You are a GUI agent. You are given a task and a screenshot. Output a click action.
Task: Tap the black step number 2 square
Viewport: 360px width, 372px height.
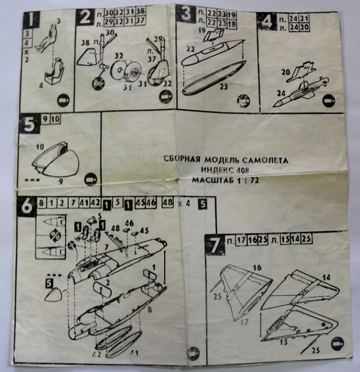(x=86, y=17)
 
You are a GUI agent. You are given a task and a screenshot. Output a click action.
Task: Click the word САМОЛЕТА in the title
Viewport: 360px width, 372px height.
(x=265, y=160)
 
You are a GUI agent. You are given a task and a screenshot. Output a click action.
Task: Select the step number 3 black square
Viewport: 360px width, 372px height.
(x=184, y=14)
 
